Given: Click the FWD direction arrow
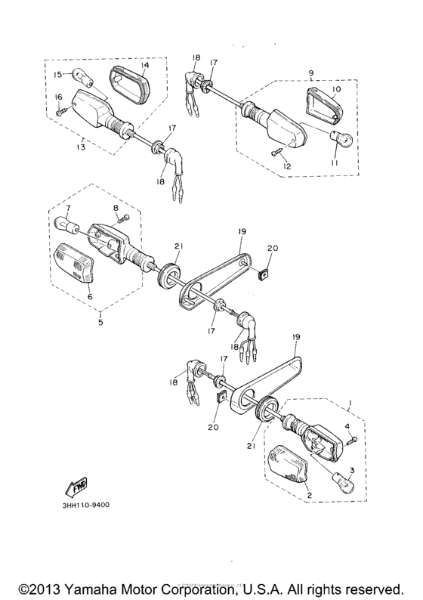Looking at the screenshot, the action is click(76, 485).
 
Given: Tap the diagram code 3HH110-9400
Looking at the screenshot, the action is click(85, 505).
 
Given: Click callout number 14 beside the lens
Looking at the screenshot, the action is click(144, 64).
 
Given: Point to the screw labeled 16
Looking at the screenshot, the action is click(61, 111).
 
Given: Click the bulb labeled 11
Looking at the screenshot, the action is click(341, 139).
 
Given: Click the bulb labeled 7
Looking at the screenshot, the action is click(67, 224).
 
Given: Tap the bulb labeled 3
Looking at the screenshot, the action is click(344, 484).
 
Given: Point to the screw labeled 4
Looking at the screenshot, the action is click(352, 440).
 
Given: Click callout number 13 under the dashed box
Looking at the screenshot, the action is click(82, 147).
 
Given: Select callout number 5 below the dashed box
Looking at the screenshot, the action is click(100, 322).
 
